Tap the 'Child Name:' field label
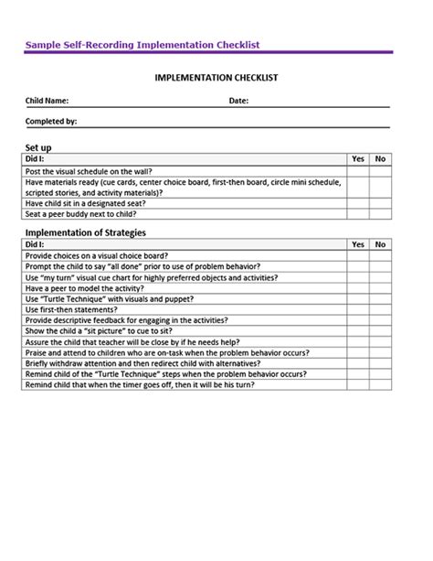coord(48,101)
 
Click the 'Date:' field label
coord(238,101)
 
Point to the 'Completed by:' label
coord(52,121)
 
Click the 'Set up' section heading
coord(38,146)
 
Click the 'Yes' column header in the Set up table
coord(358,159)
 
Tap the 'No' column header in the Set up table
coord(381,159)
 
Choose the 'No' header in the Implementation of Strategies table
coord(381,245)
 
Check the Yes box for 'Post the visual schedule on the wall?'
coord(358,170)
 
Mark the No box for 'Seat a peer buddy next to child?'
coord(381,214)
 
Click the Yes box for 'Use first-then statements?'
coord(358,310)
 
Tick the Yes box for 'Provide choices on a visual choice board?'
coord(358,256)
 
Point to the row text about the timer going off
coord(139,385)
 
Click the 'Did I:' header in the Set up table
coord(36,159)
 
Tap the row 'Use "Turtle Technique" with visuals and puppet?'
coord(111,299)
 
